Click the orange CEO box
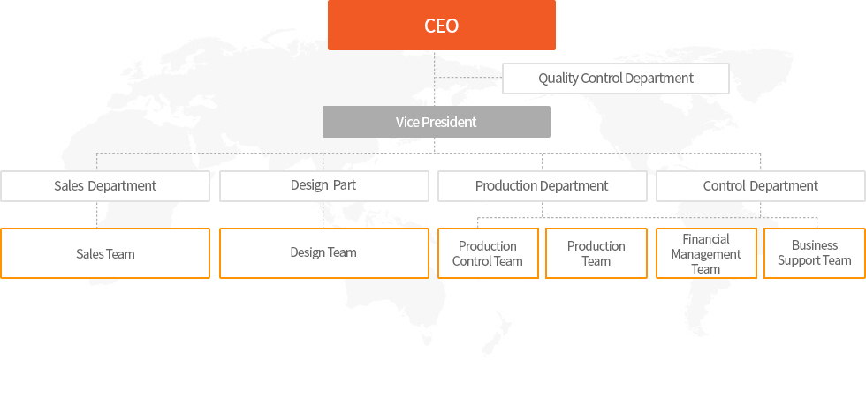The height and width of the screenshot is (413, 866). (x=441, y=26)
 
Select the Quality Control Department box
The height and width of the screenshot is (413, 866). (x=615, y=79)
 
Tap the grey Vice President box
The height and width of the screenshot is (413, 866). (x=437, y=122)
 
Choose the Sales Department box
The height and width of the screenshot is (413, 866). (x=105, y=186)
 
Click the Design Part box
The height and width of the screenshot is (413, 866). (x=323, y=186)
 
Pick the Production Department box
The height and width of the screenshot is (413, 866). (x=542, y=186)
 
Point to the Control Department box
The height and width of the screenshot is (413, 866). (x=761, y=186)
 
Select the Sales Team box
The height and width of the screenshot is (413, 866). (x=105, y=253)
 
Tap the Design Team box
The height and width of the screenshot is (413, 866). (x=323, y=253)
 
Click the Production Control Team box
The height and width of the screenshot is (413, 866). (x=488, y=253)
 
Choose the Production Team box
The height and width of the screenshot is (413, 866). (x=596, y=253)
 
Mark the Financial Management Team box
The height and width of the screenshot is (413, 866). (x=706, y=253)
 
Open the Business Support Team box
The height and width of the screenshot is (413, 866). (x=815, y=253)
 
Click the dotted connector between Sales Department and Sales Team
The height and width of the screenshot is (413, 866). (x=96, y=215)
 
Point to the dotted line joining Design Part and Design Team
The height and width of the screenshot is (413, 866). (x=323, y=215)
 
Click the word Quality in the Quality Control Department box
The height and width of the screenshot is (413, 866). (x=558, y=79)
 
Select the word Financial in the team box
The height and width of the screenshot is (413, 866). (x=706, y=239)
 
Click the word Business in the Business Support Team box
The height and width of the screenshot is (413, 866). (x=815, y=245)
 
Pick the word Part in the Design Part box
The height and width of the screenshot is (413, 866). (x=344, y=184)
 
